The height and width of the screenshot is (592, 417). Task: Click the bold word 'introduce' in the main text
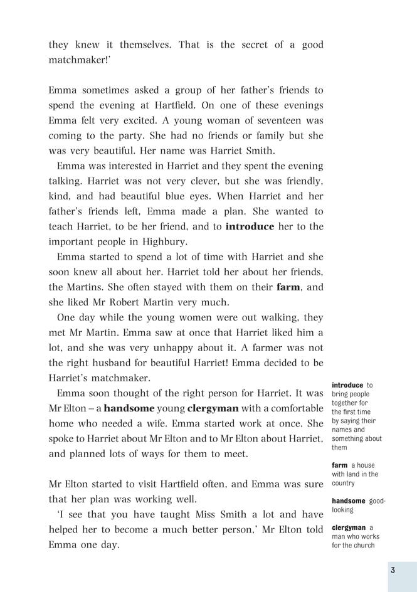[250, 226]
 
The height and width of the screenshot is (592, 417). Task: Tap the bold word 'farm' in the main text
[288, 287]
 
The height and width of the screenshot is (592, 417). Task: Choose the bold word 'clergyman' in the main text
[213, 408]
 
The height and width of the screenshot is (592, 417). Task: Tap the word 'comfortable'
[294, 408]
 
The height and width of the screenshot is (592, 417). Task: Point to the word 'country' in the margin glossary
[343, 484]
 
